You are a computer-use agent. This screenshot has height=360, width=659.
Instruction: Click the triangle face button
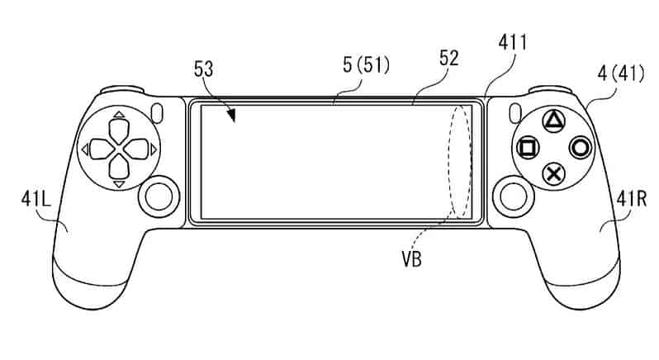click(554, 121)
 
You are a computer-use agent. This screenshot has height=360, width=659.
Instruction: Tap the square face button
click(528, 148)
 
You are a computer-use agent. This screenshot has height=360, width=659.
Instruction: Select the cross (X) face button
click(554, 174)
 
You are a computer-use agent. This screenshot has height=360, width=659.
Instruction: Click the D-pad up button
click(119, 130)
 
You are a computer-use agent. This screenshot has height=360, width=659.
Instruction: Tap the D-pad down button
click(119, 166)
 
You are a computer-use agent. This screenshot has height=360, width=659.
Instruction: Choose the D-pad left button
click(102, 149)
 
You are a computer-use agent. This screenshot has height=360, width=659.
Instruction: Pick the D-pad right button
click(136, 149)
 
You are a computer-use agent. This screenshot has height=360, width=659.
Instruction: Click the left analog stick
click(159, 197)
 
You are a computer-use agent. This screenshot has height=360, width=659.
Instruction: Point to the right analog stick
click(513, 197)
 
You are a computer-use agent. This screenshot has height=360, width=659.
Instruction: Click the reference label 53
click(204, 69)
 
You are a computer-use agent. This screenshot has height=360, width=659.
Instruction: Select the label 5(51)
click(366, 65)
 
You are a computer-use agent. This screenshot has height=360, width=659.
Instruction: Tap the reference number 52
click(449, 59)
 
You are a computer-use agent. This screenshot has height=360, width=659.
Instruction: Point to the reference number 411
click(512, 43)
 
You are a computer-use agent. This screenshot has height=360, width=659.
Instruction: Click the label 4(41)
click(621, 74)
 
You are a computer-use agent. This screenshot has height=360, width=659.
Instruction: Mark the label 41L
click(36, 199)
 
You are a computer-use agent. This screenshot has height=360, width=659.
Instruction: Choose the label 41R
click(632, 199)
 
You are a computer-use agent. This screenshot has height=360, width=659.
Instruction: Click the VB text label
click(411, 259)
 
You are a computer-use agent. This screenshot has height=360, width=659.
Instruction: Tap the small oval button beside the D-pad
click(157, 113)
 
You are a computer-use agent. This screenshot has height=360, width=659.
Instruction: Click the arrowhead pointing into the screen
click(230, 116)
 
